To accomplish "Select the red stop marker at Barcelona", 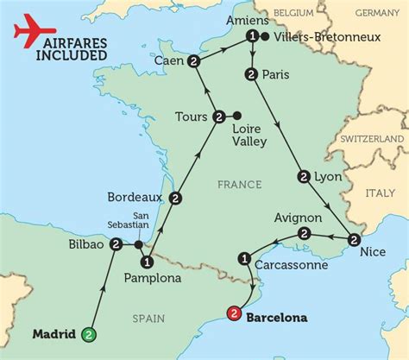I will point(234,317).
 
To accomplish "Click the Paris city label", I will point(280,75).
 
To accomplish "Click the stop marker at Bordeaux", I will point(176,198).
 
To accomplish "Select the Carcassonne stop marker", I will point(244,256).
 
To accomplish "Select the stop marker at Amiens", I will point(252,36).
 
